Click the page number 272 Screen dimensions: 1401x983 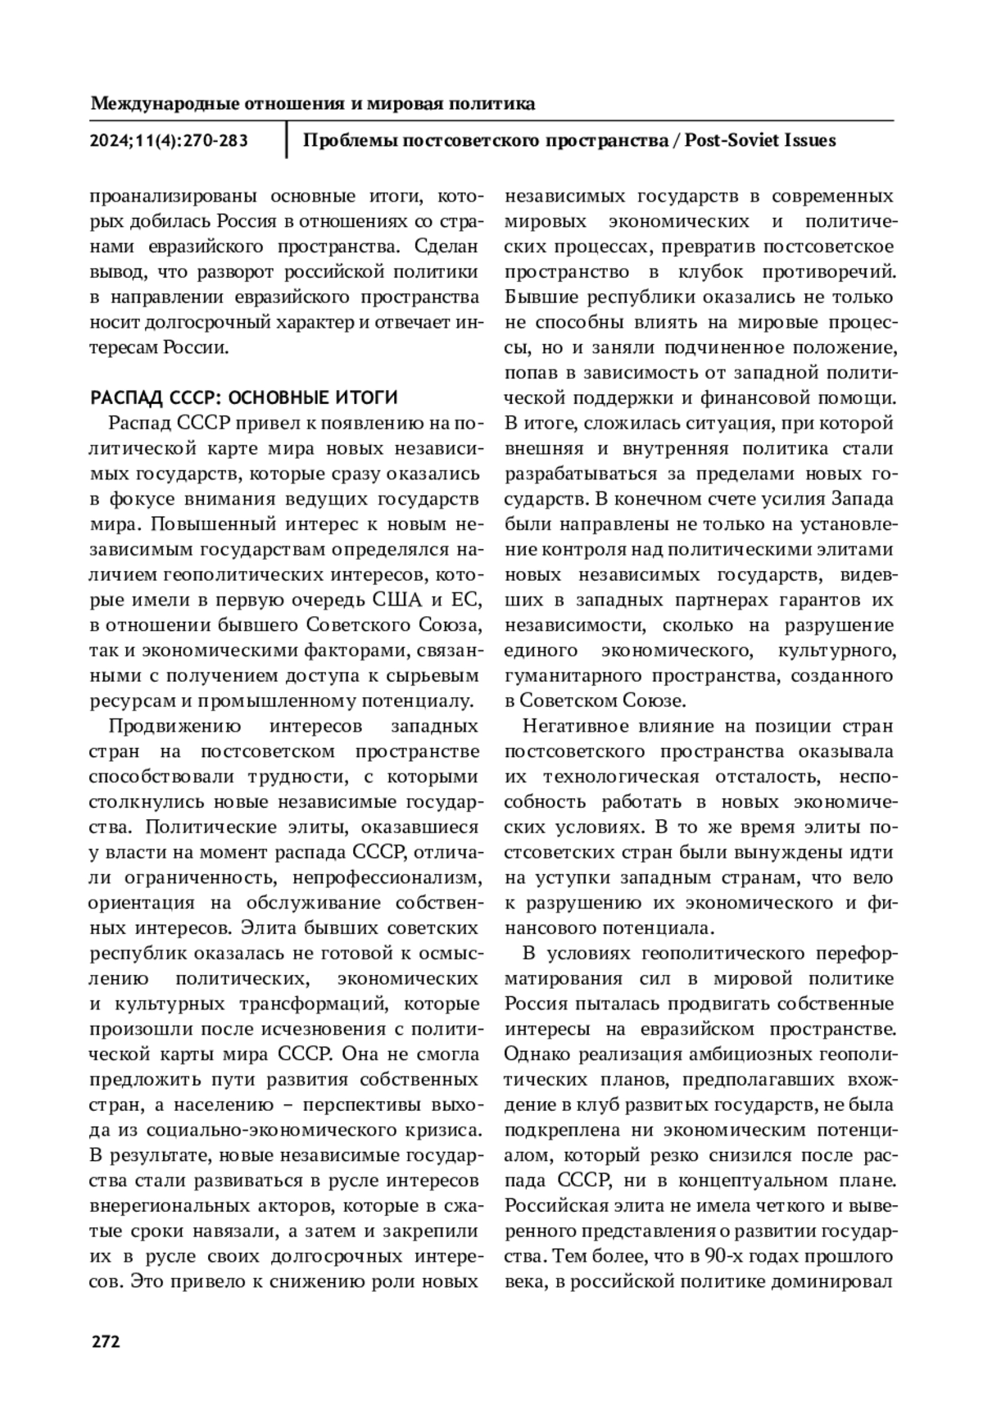click(105, 1341)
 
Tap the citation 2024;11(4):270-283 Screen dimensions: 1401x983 click(169, 141)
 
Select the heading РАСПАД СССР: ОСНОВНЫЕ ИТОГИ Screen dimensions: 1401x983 click(243, 398)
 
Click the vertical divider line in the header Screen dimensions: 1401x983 click(286, 140)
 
